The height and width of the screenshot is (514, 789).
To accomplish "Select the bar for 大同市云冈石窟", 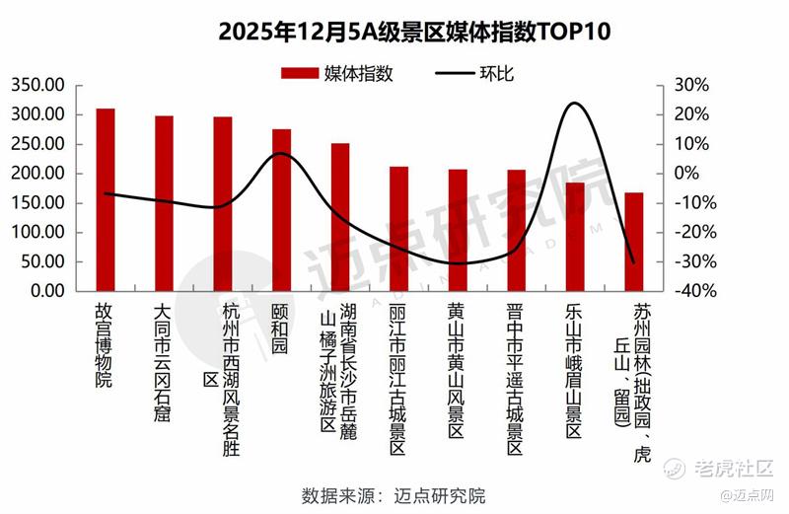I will (x=164, y=204).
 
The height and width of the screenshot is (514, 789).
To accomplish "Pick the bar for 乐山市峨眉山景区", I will (x=574, y=237).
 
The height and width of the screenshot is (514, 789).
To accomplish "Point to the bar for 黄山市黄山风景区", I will (x=458, y=231).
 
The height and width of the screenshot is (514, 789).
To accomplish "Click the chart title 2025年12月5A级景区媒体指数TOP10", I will (x=394, y=32).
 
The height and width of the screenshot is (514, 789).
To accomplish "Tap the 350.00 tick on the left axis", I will (x=38, y=85).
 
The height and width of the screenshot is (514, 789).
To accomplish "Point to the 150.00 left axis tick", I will (x=38, y=203).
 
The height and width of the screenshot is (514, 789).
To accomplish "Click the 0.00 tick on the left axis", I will (x=45, y=292).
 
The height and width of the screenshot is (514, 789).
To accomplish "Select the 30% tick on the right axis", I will (x=694, y=85).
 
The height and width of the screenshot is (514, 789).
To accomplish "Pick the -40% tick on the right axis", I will (x=690, y=292).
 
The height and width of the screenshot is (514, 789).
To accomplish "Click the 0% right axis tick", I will (x=697, y=174).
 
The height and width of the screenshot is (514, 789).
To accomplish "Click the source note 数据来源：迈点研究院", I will (x=394, y=495).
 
